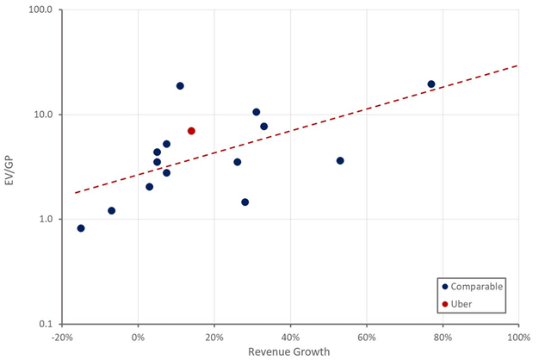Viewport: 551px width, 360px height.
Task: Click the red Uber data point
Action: coord(191,131)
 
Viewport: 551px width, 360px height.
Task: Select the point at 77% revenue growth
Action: coord(431,84)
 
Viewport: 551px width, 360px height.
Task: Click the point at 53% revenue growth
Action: coord(340,161)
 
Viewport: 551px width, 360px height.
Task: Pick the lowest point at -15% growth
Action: coord(81,228)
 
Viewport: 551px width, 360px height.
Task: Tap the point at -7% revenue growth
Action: coord(111,211)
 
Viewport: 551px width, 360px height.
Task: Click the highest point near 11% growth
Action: coord(180,86)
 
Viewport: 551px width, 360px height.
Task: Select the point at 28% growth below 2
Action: coord(245,202)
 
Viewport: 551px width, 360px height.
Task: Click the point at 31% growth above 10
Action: coord(256,112)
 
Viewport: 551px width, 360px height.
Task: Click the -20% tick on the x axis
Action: coord(62,337)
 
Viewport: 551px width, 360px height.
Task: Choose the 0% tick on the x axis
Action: coord(139,337)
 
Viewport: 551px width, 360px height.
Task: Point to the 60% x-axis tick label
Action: coord(366,337)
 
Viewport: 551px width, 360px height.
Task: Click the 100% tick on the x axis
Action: coord(517,337)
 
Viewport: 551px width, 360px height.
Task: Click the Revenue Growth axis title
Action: coord(289,351)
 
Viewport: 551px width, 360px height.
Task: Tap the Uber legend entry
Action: coord(461,303)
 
